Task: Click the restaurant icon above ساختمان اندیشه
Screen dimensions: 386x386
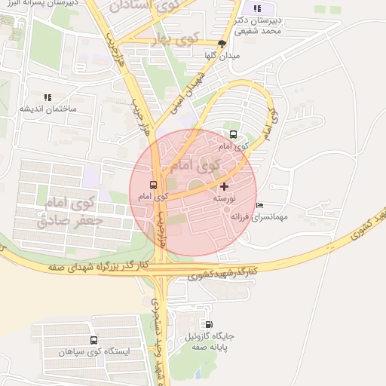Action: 47,98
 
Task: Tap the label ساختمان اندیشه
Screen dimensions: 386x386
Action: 47,110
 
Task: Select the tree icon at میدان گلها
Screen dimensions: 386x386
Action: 221,44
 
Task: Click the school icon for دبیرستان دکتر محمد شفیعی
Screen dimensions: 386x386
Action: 258,9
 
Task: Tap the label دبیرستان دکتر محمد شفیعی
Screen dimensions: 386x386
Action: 258,26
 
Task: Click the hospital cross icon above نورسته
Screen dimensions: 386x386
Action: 224,186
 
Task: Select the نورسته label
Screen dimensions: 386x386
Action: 225,198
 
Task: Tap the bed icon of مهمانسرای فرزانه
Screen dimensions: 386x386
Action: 260,206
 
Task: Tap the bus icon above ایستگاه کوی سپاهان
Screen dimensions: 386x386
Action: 93,340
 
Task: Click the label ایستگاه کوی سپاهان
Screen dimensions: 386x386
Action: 94,352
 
